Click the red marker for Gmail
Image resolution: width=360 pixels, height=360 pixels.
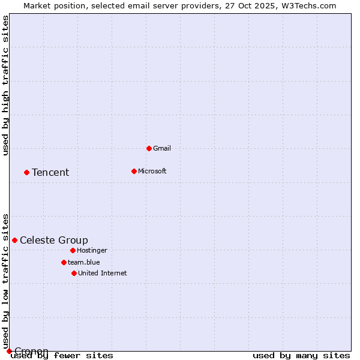(x=149, y=148)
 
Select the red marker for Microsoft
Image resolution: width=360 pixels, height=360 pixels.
(x=134, y=171)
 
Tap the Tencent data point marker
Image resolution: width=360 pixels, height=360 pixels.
(x=26, y=172)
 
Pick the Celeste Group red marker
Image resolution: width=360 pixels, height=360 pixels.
(x=14, y=240)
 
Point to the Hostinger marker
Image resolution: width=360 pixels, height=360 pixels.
(x=73, y=250)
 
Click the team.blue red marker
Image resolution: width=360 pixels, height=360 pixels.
(x=64, y=262)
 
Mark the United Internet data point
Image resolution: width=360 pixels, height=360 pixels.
(x=74, y=273)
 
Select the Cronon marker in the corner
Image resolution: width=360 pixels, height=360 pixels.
(x=9, y=351)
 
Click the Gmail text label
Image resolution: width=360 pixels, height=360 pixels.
(x=162, y=148)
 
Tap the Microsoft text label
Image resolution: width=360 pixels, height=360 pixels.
(x=152, y=171)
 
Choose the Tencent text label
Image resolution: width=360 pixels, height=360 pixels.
(x=50, y=172)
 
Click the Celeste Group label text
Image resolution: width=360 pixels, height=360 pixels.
(x=54, y=240)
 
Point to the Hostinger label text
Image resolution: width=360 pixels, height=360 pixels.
(x=92, y=250)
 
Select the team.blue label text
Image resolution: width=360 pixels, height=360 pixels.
(x=83, y=262)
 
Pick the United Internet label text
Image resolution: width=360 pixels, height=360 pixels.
(x=102, y=273)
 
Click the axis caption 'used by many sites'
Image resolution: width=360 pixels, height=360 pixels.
(x=301, y=356)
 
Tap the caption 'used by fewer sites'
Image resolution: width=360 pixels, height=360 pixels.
(x=62, y=356)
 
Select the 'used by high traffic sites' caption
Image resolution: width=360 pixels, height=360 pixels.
(x=6, y=85)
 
